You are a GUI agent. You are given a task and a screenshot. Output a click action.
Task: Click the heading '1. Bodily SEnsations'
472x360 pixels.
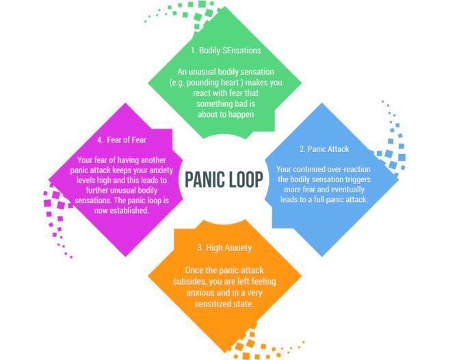(226, 51)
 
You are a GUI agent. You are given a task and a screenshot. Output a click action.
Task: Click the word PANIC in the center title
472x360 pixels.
(208, 179)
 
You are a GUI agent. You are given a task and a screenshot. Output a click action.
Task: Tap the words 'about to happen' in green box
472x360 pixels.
(226, 114)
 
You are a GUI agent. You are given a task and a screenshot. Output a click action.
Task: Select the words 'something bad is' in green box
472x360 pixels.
(226, 104)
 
